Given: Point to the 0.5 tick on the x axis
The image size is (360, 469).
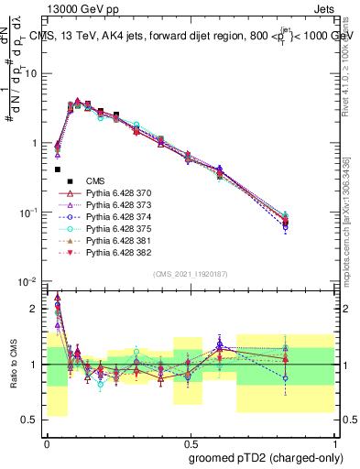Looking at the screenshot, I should [189, 440].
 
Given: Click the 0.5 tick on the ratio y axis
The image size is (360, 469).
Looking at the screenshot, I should [32, 420].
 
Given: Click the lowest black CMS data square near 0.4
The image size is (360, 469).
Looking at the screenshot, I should [58, 169].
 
